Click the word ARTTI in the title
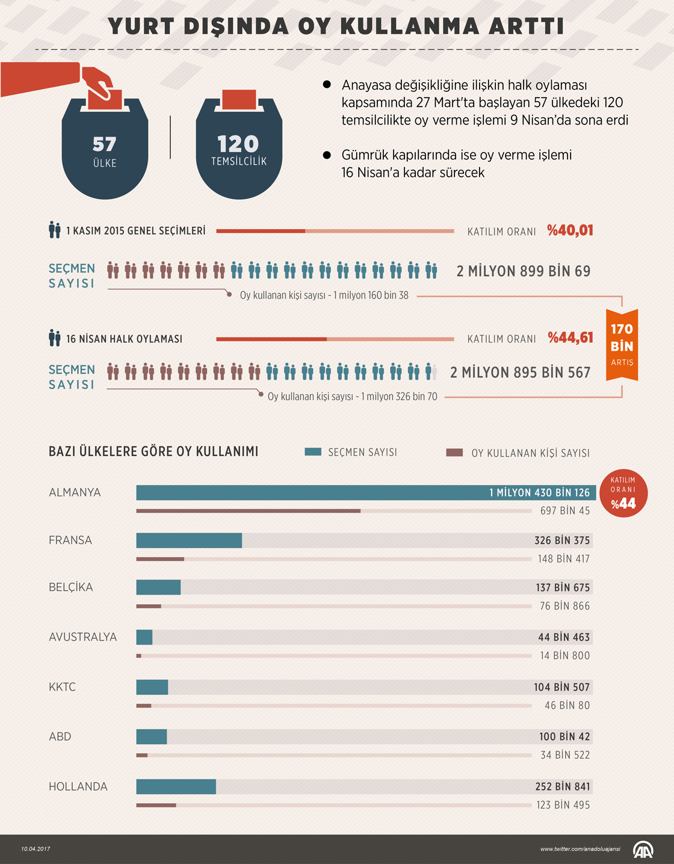coord(527,26)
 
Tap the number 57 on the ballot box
coord(104,144)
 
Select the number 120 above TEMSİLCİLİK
coord(238,144)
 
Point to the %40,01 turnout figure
coord(570,230)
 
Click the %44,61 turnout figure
coord(570,338)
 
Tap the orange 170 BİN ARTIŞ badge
coord(622,345)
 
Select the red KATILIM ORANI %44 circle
coord(623,493)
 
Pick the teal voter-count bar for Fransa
coord(189,540)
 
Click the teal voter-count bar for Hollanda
coord(176,786)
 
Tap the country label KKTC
coord(62,687)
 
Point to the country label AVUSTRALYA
coord(82,637)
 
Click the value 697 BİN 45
coord(565,511)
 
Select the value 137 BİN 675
coord(563,588)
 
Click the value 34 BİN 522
coord(565,755)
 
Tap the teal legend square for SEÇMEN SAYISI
coord(313,452)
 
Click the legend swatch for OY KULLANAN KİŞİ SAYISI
coord(454,452)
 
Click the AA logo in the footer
coord(643,849)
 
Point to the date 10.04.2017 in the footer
coord(36,849)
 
